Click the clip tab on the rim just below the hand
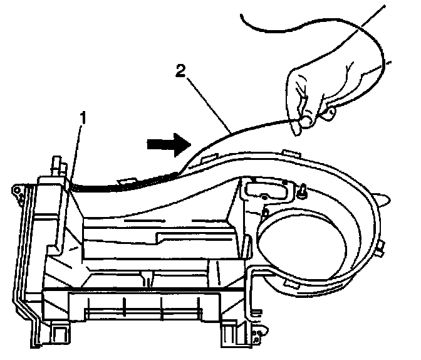(289, 152)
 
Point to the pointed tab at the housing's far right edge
(388, 198)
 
